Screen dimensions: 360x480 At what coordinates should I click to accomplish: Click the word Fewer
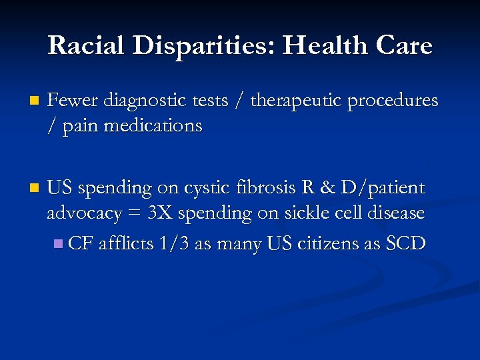pos(71,100)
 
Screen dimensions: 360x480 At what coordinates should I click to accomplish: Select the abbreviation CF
pos(81,243)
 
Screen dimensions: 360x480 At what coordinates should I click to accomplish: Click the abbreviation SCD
pos(406,243)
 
